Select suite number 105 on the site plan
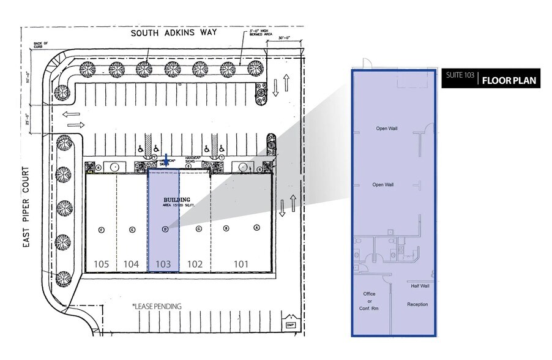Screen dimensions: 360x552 pos(102,264)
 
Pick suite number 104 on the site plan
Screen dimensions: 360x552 pos(133,264)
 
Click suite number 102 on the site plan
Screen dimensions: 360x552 pos(195,264)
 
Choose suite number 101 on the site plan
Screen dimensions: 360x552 pos(242,264)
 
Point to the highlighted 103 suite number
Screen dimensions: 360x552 pos(163,264)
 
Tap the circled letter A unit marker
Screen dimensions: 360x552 pos(256,228)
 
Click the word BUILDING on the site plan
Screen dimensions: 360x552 pos(177,200)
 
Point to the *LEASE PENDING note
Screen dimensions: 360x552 pos(157,306)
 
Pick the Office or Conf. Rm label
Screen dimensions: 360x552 pos(368,301)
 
